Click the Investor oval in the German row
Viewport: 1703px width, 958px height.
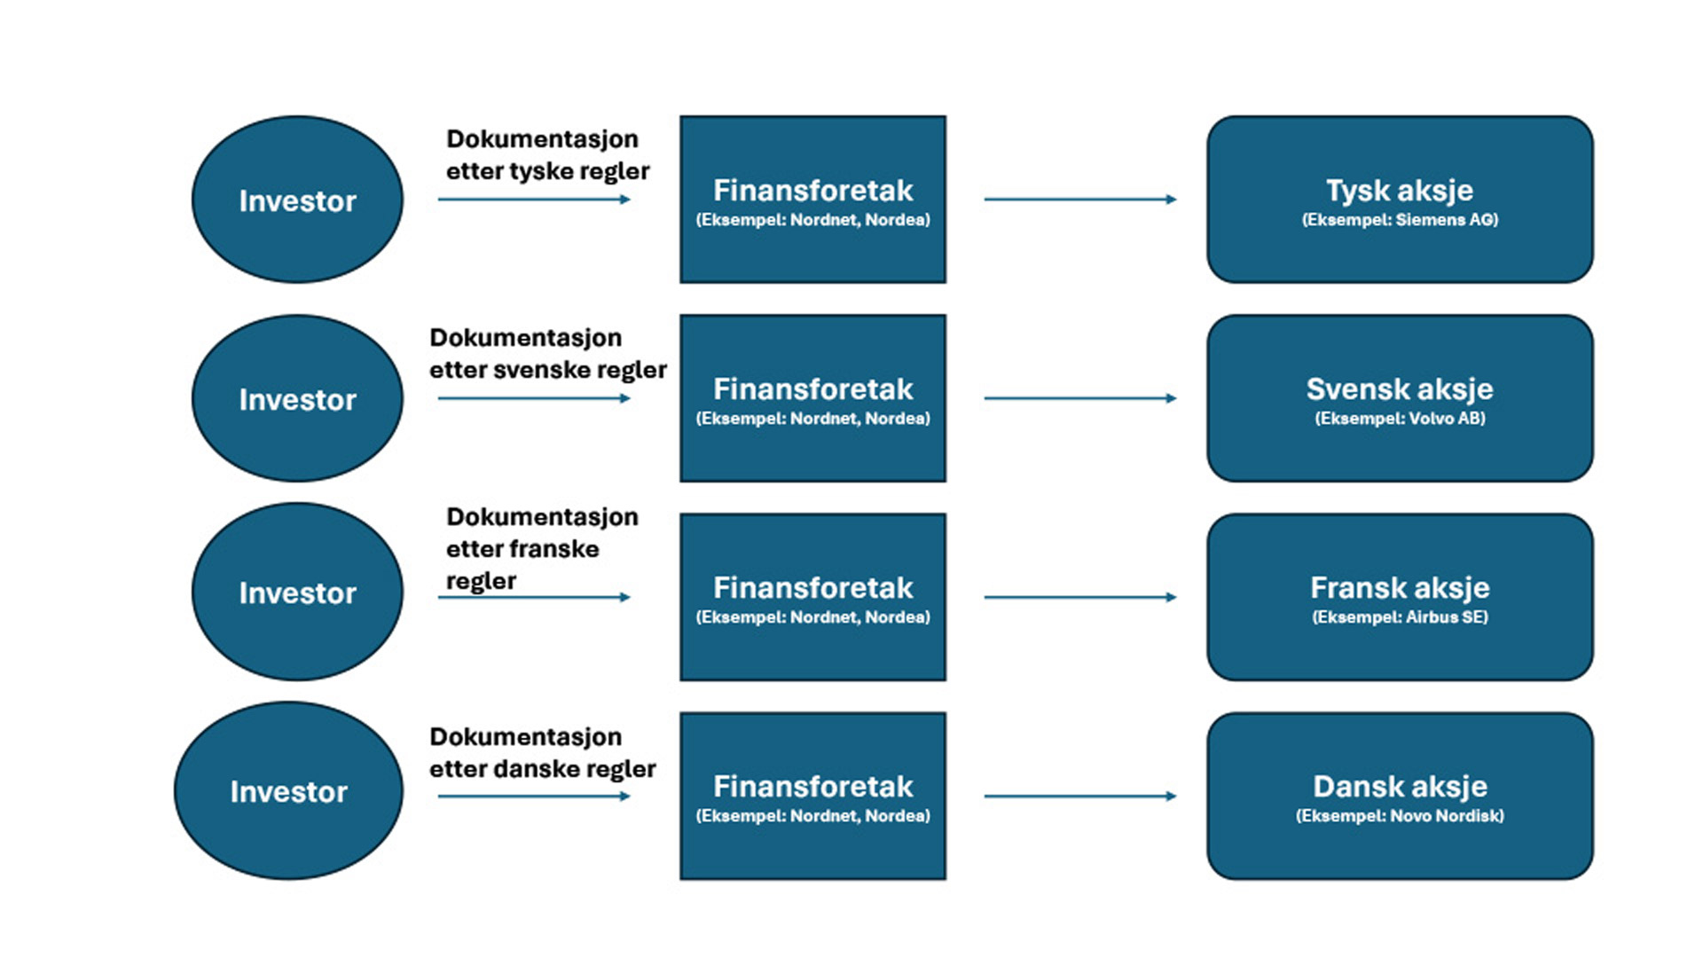tap(297, 200)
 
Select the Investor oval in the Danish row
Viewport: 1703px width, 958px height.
tap(288, 791)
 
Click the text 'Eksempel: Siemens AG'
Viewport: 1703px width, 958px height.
tap(1400, 220)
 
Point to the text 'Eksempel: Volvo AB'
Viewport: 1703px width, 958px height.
tap(1400, 419)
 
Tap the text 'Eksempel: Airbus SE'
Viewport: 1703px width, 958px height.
tap(1400, 617)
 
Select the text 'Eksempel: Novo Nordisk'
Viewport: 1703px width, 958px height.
tap(1400, 816)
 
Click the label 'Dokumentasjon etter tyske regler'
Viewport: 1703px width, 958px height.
tap(547, 154)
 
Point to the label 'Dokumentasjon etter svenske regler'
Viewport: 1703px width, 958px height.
tap(547, 353)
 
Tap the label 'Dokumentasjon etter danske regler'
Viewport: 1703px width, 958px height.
tap(542, 752)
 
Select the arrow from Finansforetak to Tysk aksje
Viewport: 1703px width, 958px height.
tap(1079, 200)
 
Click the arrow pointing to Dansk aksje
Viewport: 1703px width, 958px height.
tap(1079, 796)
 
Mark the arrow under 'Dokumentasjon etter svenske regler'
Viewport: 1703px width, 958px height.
tap(533, 398)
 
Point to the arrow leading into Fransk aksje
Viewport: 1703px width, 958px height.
tap(1079, 597)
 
